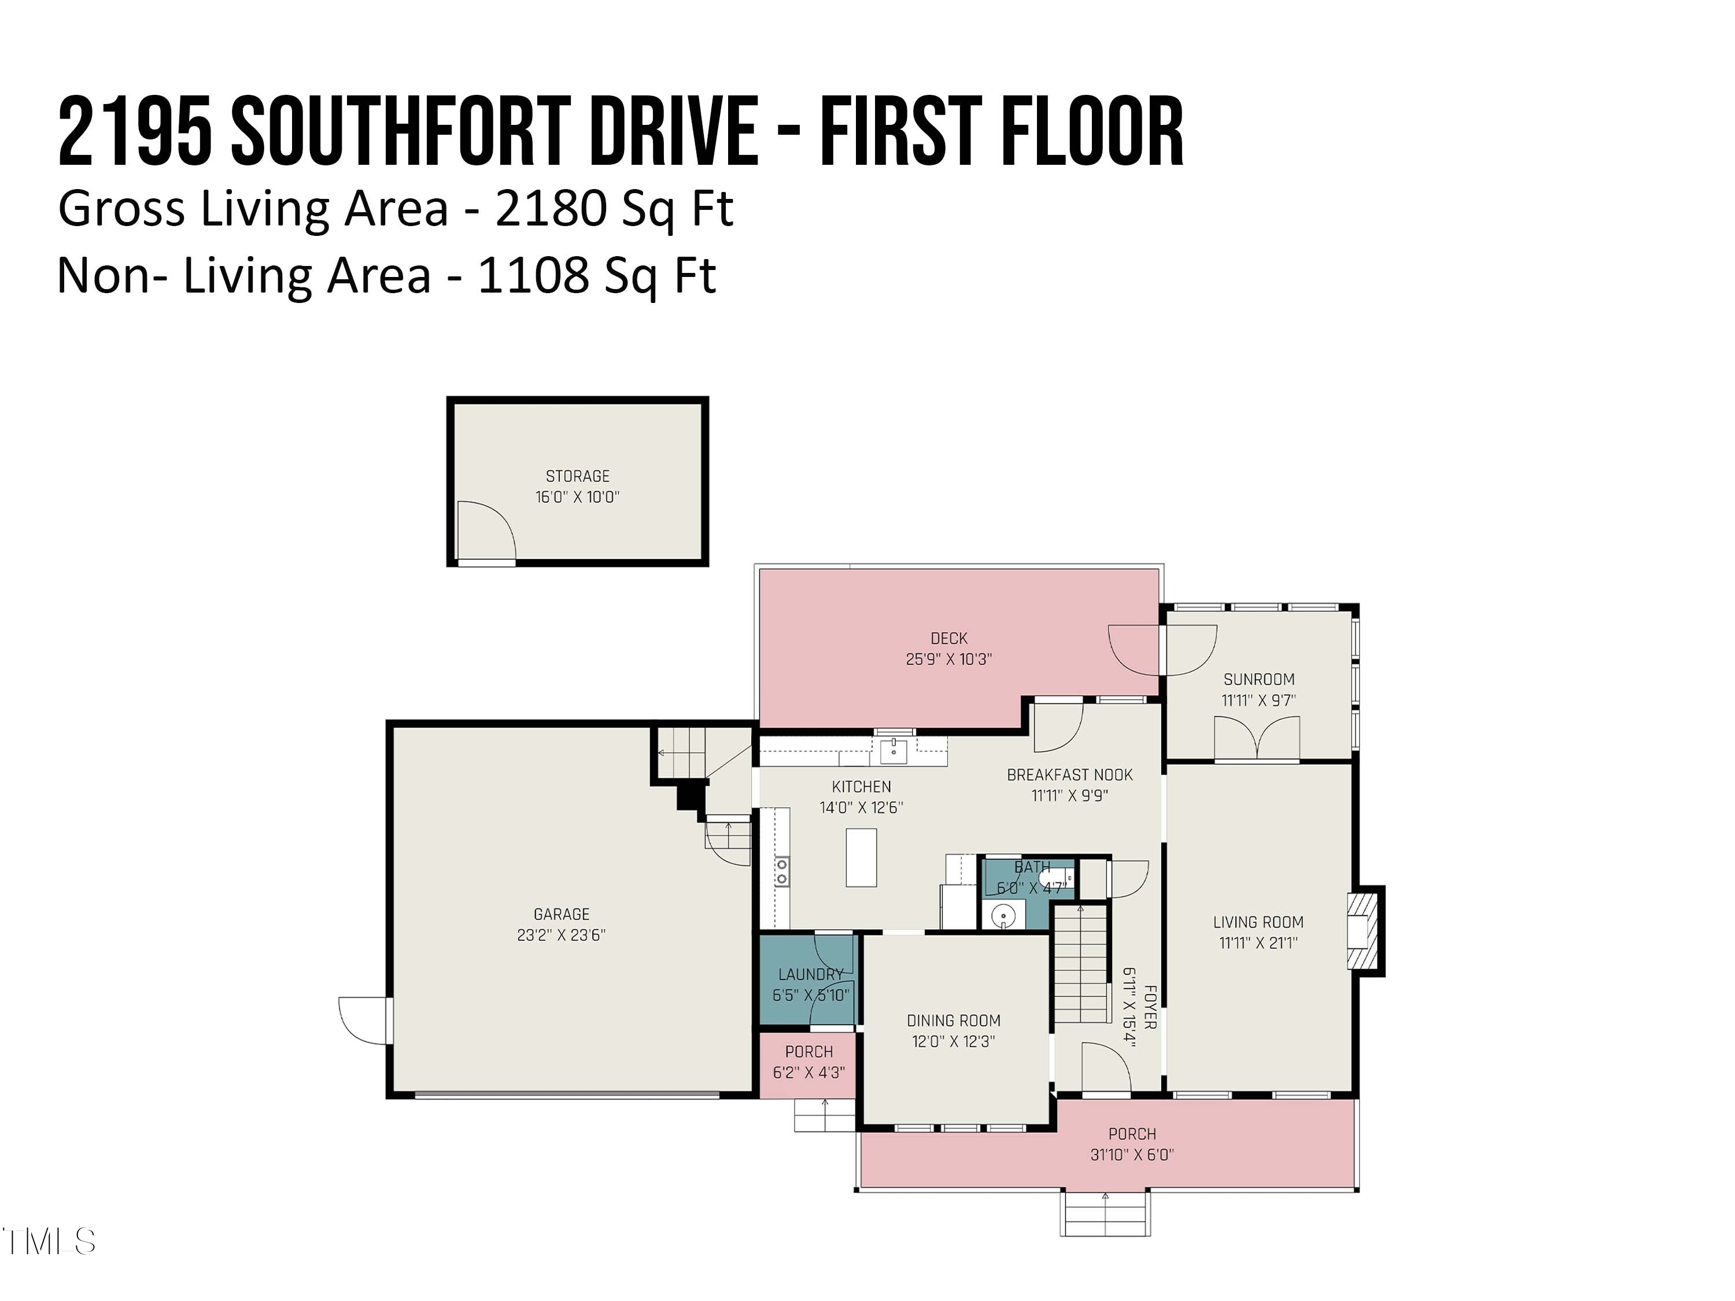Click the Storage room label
click(x=577, y=476)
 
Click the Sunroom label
click(x=1258, y=679)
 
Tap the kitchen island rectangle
click(x=861, y=857)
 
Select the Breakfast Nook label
click(x=1069, y=775)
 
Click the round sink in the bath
click(x=1003, y=915)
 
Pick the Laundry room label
click(x=810, y=974)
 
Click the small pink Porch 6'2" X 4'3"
click(x=809, y=1063)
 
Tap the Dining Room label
click(x=953, y=1020)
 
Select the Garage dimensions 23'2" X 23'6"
click(x=561, y=935)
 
